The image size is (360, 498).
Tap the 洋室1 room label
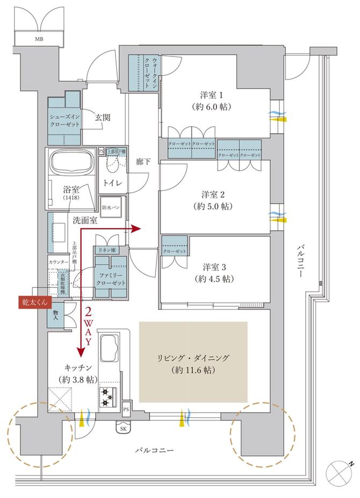click(215, 100)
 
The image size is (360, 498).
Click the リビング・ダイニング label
click(193, 364)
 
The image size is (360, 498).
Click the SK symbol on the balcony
click(123, 429)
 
